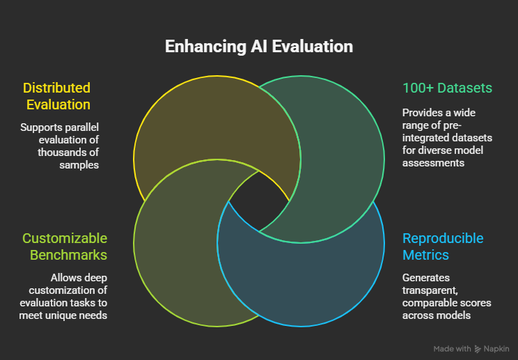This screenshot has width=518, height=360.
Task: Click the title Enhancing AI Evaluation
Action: point(258,47)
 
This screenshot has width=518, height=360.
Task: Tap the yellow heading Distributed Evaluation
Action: point(58,96)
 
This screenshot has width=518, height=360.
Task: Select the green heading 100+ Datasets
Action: point(447,88)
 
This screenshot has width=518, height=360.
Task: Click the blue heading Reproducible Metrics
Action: point(442,246)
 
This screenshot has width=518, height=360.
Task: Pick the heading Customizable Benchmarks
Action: point(65,246)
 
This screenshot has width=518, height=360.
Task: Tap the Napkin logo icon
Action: point(477,348)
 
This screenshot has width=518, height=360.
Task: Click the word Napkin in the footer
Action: point(496,348)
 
